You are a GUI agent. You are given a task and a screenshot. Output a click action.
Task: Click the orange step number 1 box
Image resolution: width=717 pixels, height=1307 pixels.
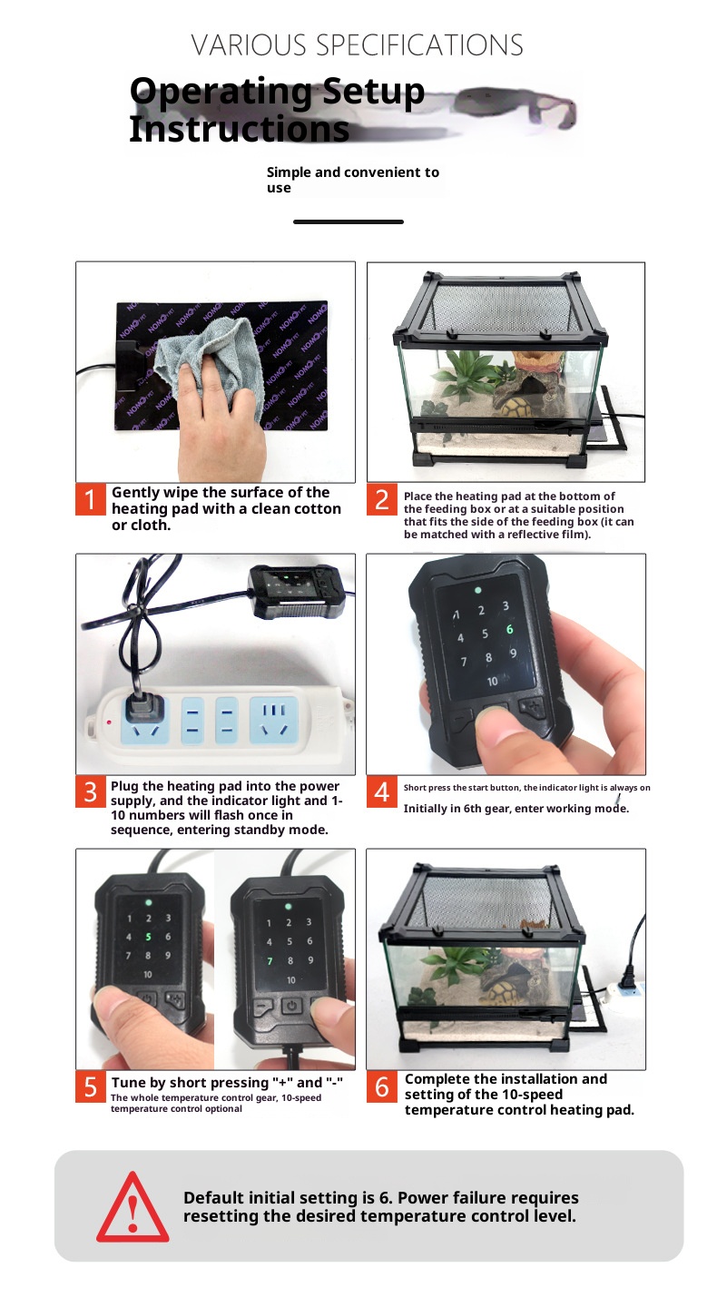click(91, 499)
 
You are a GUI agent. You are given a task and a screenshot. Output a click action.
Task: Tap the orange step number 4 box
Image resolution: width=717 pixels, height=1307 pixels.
click(381, 791)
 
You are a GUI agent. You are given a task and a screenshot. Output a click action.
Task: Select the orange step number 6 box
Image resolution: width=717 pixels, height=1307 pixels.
click(381, 1086)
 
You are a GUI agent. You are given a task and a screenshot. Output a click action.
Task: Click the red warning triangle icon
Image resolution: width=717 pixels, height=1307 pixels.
click(133, 1207)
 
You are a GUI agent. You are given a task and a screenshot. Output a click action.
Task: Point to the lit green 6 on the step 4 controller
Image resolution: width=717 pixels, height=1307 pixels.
click(509, 629)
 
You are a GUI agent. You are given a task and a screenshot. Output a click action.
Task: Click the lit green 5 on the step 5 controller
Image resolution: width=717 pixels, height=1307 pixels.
click(148, 937)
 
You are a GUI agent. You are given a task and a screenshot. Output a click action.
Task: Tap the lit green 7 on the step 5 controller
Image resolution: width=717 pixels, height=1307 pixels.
click(270, 961)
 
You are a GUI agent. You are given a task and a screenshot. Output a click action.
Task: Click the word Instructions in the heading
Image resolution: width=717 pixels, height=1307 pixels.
click(240, 130)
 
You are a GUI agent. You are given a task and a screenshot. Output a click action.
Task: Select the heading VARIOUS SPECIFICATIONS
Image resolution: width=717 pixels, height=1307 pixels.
click(357, 45)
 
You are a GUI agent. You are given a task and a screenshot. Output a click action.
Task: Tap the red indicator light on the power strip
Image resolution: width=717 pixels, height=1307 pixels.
click(109, 722)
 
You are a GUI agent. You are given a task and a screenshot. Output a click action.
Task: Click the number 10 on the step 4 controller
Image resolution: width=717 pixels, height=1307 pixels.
click(493, 681)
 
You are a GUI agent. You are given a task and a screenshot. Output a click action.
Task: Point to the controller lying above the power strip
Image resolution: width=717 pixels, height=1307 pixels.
click(296, 591)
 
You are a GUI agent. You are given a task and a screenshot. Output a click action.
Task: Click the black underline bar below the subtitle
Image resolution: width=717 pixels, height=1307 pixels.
click(349, 221)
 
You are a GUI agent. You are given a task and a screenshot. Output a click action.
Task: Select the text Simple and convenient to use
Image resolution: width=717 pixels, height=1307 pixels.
click(352, 180)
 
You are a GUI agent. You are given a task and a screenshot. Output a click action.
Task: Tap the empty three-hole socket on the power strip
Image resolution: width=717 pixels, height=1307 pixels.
click(273, 720)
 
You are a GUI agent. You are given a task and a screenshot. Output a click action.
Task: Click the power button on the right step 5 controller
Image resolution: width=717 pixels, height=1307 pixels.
click(291, 1006)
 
